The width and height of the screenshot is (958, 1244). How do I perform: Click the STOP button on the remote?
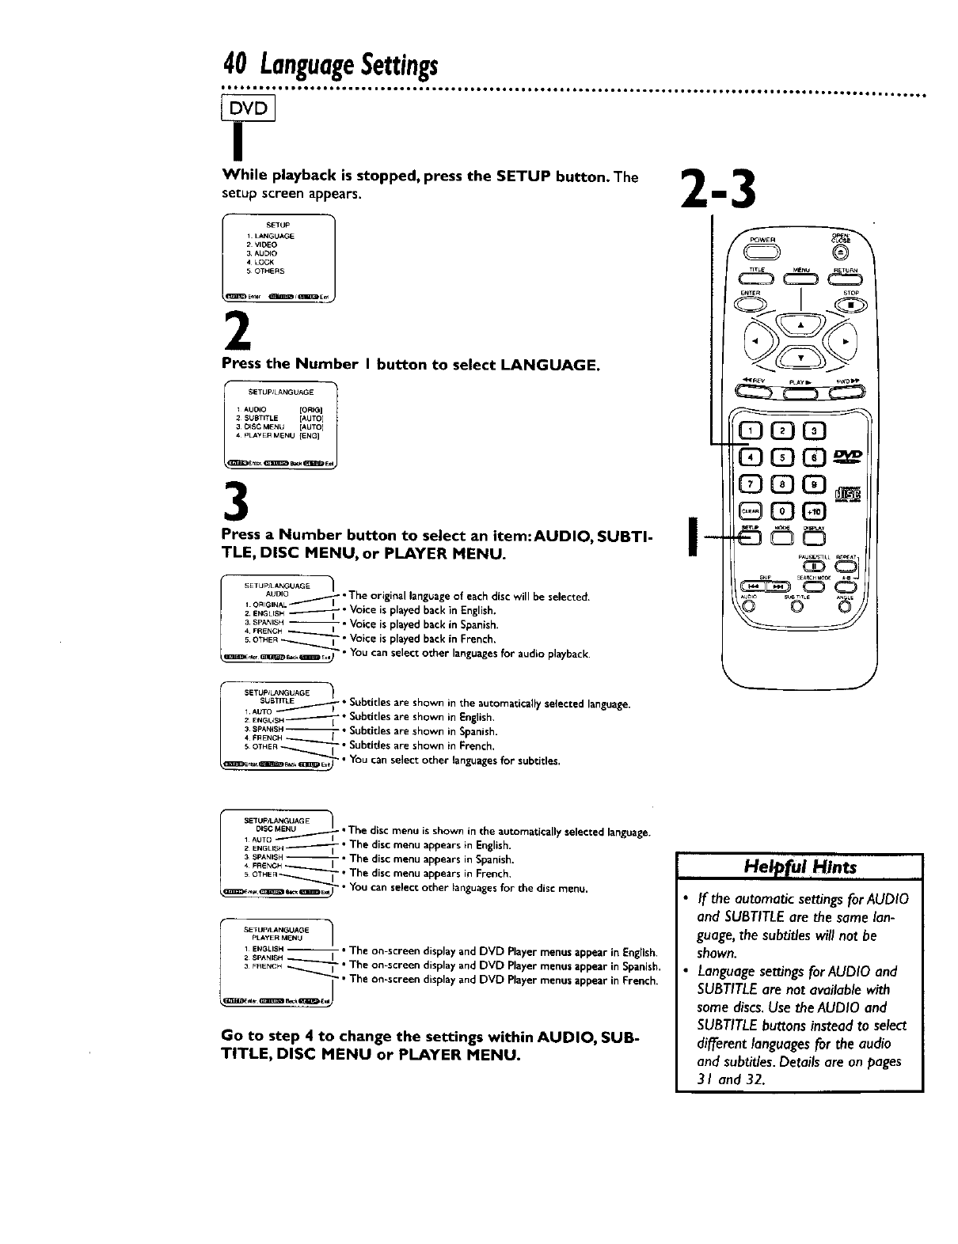click(x=850, y=306)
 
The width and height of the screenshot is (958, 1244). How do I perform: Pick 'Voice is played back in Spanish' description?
click(x=424, y=624)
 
